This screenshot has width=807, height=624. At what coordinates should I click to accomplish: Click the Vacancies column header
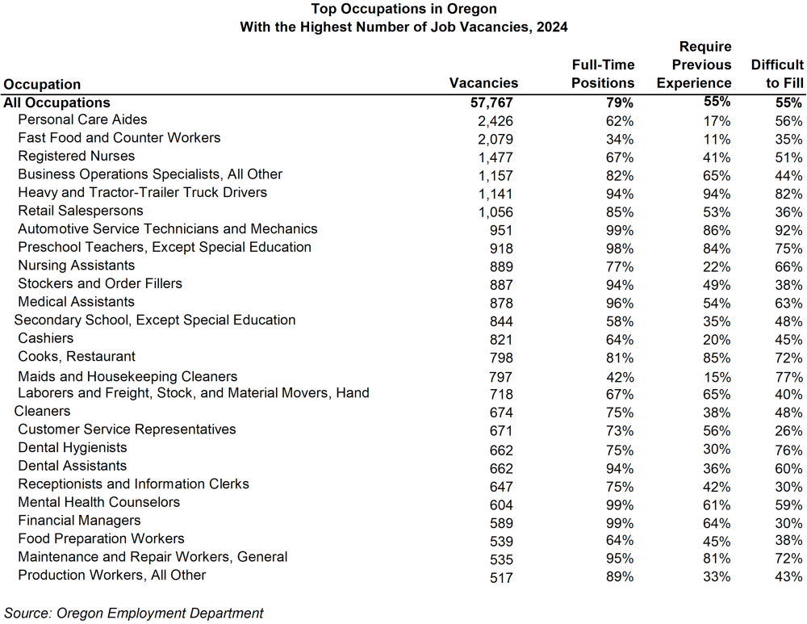(x=483, y=83)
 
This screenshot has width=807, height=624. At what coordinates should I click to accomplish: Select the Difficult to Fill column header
(x=777, y=74)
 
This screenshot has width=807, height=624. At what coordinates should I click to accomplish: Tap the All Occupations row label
(x=56, y=103)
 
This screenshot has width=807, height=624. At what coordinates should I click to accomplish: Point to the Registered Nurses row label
(x=76, y=157)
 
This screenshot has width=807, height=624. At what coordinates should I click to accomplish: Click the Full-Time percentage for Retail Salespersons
(x=620, y=212)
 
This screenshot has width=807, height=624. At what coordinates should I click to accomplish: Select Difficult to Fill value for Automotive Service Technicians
(x=788, y=230)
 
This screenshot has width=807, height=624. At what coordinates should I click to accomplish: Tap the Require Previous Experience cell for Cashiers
(x=716, y=339)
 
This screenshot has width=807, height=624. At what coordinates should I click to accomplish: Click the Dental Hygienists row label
(x=73, y=448)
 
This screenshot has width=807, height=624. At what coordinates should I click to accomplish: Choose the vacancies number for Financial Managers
(x=500, y=522)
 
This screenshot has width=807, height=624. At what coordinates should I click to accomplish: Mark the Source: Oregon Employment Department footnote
(x=134, y=613)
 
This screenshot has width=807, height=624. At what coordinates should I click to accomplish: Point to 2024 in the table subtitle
(x=551, y=27)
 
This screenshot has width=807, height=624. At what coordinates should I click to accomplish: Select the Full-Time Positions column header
(x=603, y=74)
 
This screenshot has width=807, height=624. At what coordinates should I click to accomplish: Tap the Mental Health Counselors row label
(x=98, y=502)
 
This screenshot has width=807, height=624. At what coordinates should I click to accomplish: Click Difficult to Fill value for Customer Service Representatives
(x=788, y=431)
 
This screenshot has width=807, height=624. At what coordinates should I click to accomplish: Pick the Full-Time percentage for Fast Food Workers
(x=620, y=139)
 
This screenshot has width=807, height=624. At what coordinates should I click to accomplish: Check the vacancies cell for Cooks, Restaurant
(x=500, y=358)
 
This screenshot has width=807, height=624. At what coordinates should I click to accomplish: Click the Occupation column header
(x=43, y=85)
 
